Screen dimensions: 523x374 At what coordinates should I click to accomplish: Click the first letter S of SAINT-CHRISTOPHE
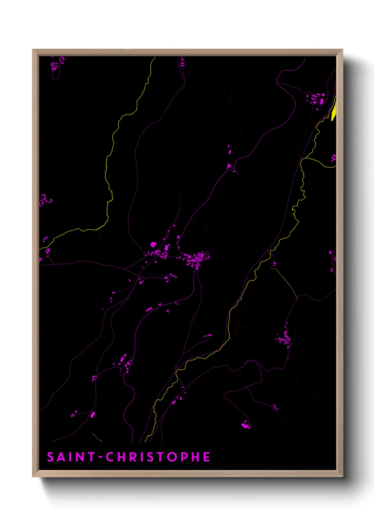coord(51,457)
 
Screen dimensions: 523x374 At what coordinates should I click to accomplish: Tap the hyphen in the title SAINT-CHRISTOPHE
coord(101,457)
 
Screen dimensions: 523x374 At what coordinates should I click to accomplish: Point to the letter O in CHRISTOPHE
coord(173,457)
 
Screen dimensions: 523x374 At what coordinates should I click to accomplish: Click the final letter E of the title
coord(206,457)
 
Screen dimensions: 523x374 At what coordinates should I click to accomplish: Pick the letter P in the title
coord(184,457)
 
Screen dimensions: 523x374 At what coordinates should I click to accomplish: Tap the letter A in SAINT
coord(61,457)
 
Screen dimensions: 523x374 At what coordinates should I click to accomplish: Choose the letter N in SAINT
coord(80,457)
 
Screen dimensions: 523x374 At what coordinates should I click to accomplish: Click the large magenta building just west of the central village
coord(153,244)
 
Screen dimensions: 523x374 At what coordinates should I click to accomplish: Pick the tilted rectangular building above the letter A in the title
coord(93,415)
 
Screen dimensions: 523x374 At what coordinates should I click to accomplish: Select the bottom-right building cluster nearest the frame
coord(246,425)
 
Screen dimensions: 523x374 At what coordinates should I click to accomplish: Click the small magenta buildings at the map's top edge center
coord(182,63)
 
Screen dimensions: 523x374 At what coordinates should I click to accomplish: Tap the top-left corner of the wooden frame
coord(33,50)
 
